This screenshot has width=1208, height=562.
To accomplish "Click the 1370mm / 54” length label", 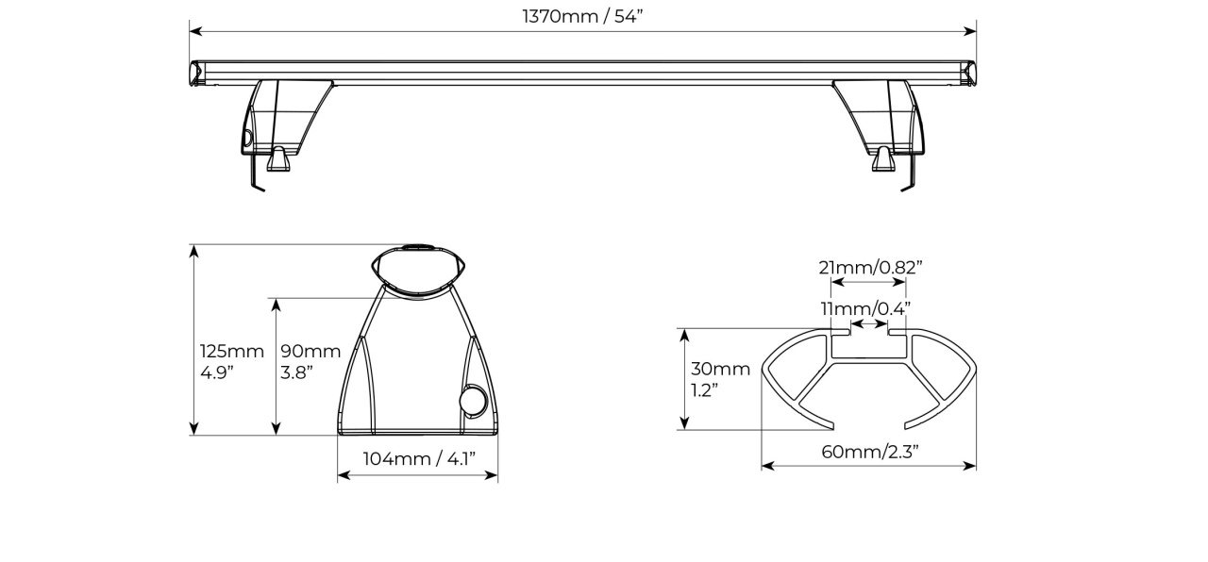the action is pyautogui.click(x=582, y=17).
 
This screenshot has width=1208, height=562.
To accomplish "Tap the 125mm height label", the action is pyautogui.click(x=232, y=352).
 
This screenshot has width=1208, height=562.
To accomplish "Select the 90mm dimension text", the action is pyautogui.click(x=310, y=352).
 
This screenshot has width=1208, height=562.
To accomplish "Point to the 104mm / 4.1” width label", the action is pyautogui.click(x=419, y=458).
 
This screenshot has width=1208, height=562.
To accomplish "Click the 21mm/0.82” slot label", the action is pyautogui.click(x=870, y=267).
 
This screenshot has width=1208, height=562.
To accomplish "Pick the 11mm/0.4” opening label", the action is pyautogui.click(x=865, y=308).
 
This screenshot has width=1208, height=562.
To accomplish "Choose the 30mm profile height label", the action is pyautogui.click(x=720, y=369).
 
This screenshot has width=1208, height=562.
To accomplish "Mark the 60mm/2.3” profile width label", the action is pyautogui.click(x=870, y=452).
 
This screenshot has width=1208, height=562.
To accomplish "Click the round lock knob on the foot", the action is pyautogui.click(x=473, y=401).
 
